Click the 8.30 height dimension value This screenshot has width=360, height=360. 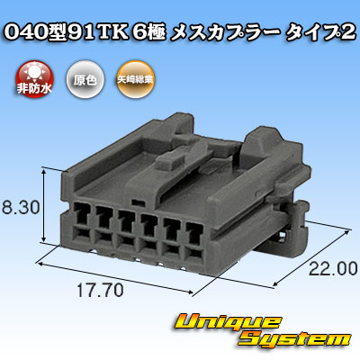(x=21, y=208)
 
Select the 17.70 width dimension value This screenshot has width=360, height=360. (x=100, y=291)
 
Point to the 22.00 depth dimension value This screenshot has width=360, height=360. (x=333, y=269)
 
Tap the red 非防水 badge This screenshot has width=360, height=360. (x=34, y=78)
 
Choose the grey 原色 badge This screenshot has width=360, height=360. (x=85, y=78)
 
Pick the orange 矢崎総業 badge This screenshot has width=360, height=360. (x=135, y=78)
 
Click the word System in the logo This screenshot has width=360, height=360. (x=295, y=340)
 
